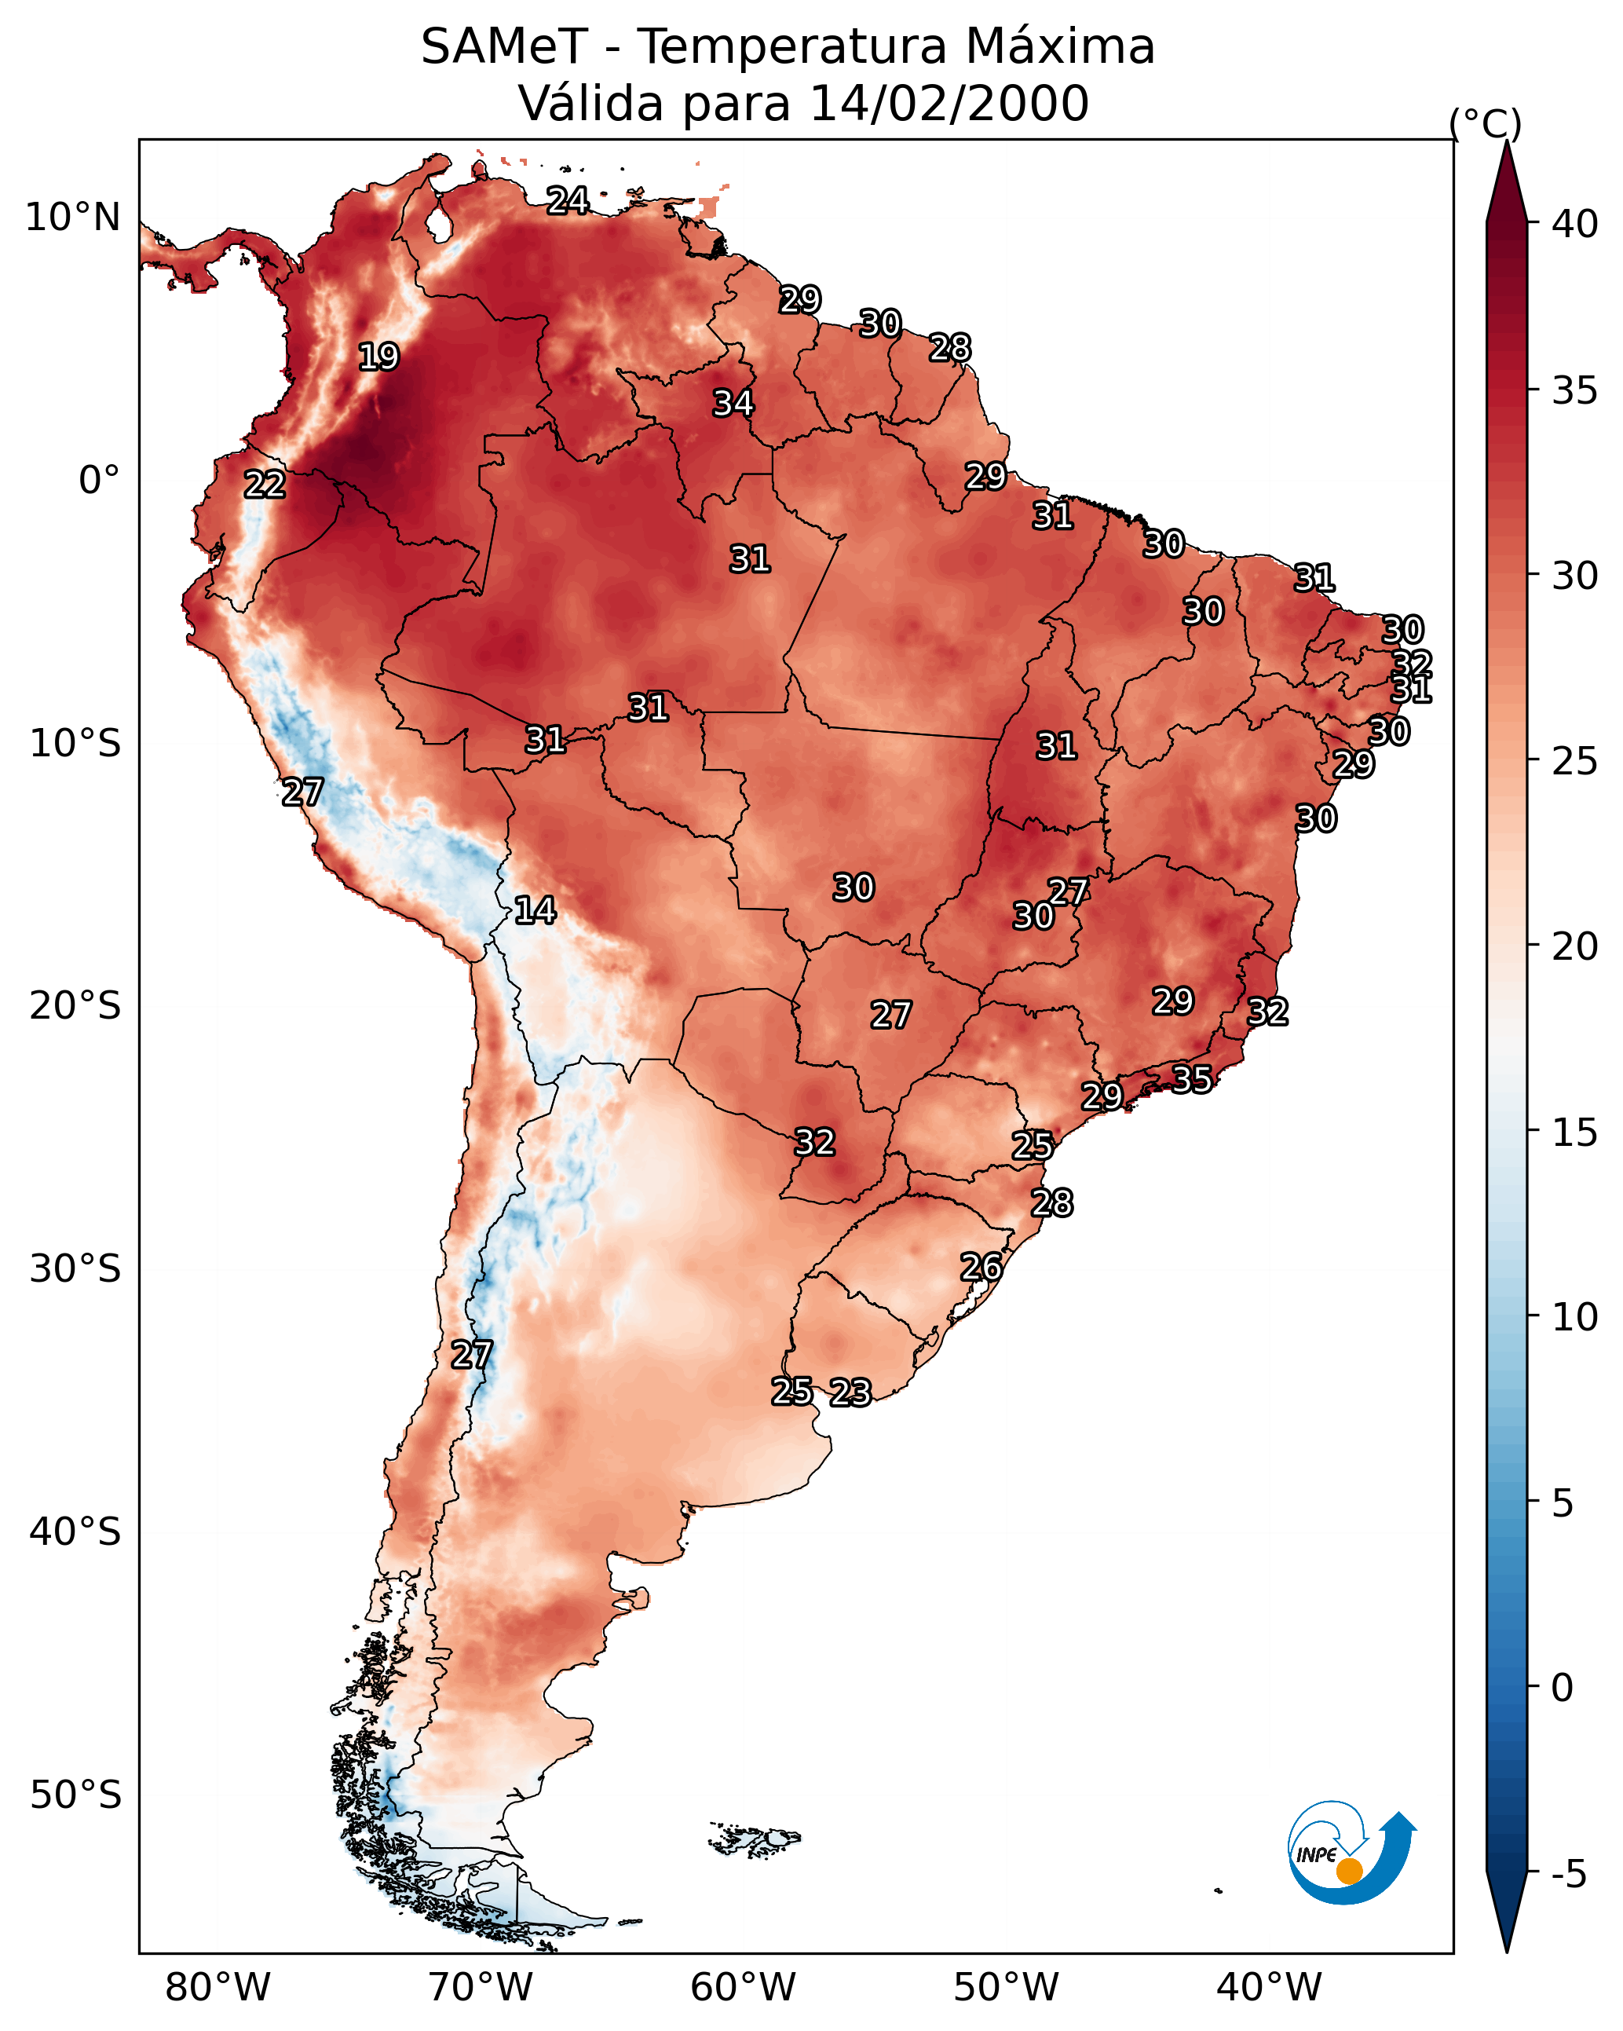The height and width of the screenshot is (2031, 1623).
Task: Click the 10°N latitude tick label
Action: [x=72, y=218]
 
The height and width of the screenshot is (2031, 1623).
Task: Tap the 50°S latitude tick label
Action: [x=75, y=1795]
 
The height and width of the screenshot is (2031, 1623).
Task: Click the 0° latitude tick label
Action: [x=100, y=481]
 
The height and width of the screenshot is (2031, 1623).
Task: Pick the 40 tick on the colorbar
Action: [x=1575, y=224]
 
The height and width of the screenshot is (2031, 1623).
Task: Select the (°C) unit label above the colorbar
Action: [x=1486, y=123]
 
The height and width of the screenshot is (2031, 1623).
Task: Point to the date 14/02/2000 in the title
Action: [x=949, y=103]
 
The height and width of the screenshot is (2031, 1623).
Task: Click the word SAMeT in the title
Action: [x=504, y=46]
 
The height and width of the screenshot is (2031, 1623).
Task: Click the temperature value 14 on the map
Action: [x=535, y=910]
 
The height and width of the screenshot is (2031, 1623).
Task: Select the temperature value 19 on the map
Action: [x=378, y=357]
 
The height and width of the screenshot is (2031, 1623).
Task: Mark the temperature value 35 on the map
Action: [x=1192, y=1078]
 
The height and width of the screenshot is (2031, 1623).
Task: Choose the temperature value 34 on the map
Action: [x=733, y=403]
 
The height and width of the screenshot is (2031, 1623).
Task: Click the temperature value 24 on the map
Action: [x=568, y=200]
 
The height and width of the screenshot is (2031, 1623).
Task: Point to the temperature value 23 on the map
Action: [x=850, y=1392]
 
